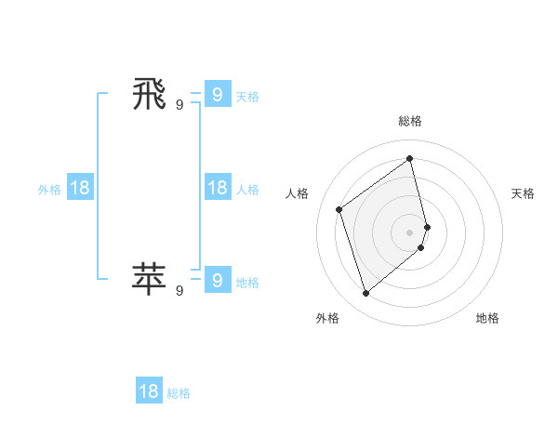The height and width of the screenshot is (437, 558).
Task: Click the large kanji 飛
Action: [150, 94]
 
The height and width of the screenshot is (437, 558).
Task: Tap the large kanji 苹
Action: [150, 278]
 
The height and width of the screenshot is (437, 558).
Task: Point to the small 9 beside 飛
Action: [179, 105]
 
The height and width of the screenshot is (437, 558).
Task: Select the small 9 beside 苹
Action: [179, 290]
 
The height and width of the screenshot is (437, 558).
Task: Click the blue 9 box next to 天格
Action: [217, 95]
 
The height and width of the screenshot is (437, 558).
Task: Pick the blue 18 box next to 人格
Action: [217, 188]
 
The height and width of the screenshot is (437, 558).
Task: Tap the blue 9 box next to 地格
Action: [217, 280]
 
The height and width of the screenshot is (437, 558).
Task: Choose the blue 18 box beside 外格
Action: [80, 188]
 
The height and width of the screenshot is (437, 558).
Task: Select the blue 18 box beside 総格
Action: [149, 391]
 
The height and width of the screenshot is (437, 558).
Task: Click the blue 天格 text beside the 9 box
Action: [247, 97]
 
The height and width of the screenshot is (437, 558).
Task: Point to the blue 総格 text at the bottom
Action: [179, 393]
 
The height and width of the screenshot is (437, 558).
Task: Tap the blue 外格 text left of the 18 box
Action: [49, 190]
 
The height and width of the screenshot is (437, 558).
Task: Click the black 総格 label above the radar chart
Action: [410, 121]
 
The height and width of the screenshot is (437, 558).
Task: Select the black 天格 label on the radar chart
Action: [524, 193]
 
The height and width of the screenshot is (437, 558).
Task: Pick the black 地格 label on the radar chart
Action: [487, 318]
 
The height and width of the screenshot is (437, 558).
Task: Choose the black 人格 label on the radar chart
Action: [298, 193]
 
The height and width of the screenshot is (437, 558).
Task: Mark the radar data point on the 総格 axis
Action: [410, 159]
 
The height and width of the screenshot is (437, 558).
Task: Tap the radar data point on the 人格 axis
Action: [339, 209]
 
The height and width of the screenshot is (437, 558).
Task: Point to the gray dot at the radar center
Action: [410, 232]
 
